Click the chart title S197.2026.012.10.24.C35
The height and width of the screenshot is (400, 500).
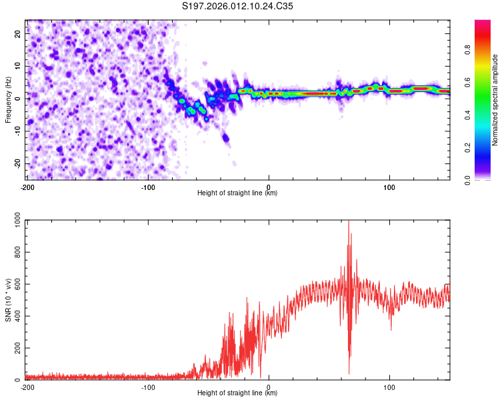point(238,7)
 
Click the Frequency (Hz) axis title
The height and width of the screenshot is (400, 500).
point(8,100)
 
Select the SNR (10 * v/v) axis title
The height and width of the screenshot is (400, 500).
point(8,301)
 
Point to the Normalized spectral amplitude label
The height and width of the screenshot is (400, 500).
point(495,100)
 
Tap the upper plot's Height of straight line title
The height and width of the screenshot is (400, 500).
point(237,193)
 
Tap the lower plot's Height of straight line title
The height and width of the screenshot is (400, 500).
point(237,393)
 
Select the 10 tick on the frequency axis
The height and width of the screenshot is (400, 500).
point(19,66)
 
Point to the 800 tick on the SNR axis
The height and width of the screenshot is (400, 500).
point(16,254)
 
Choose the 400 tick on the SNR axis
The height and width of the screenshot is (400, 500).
point(16,317)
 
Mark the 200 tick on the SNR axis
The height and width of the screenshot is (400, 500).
point(16,348)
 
